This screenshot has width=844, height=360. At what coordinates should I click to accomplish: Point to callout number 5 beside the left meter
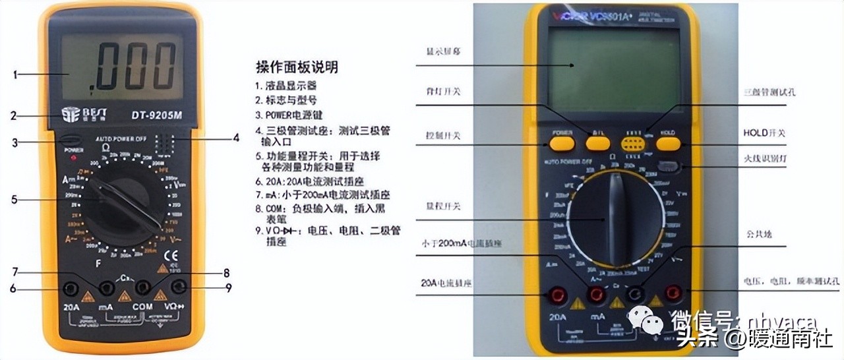tap(15, 198)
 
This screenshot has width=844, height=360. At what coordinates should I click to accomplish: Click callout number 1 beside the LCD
tap(15, 75)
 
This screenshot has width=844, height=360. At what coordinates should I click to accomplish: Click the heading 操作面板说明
tap(297, 67)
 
